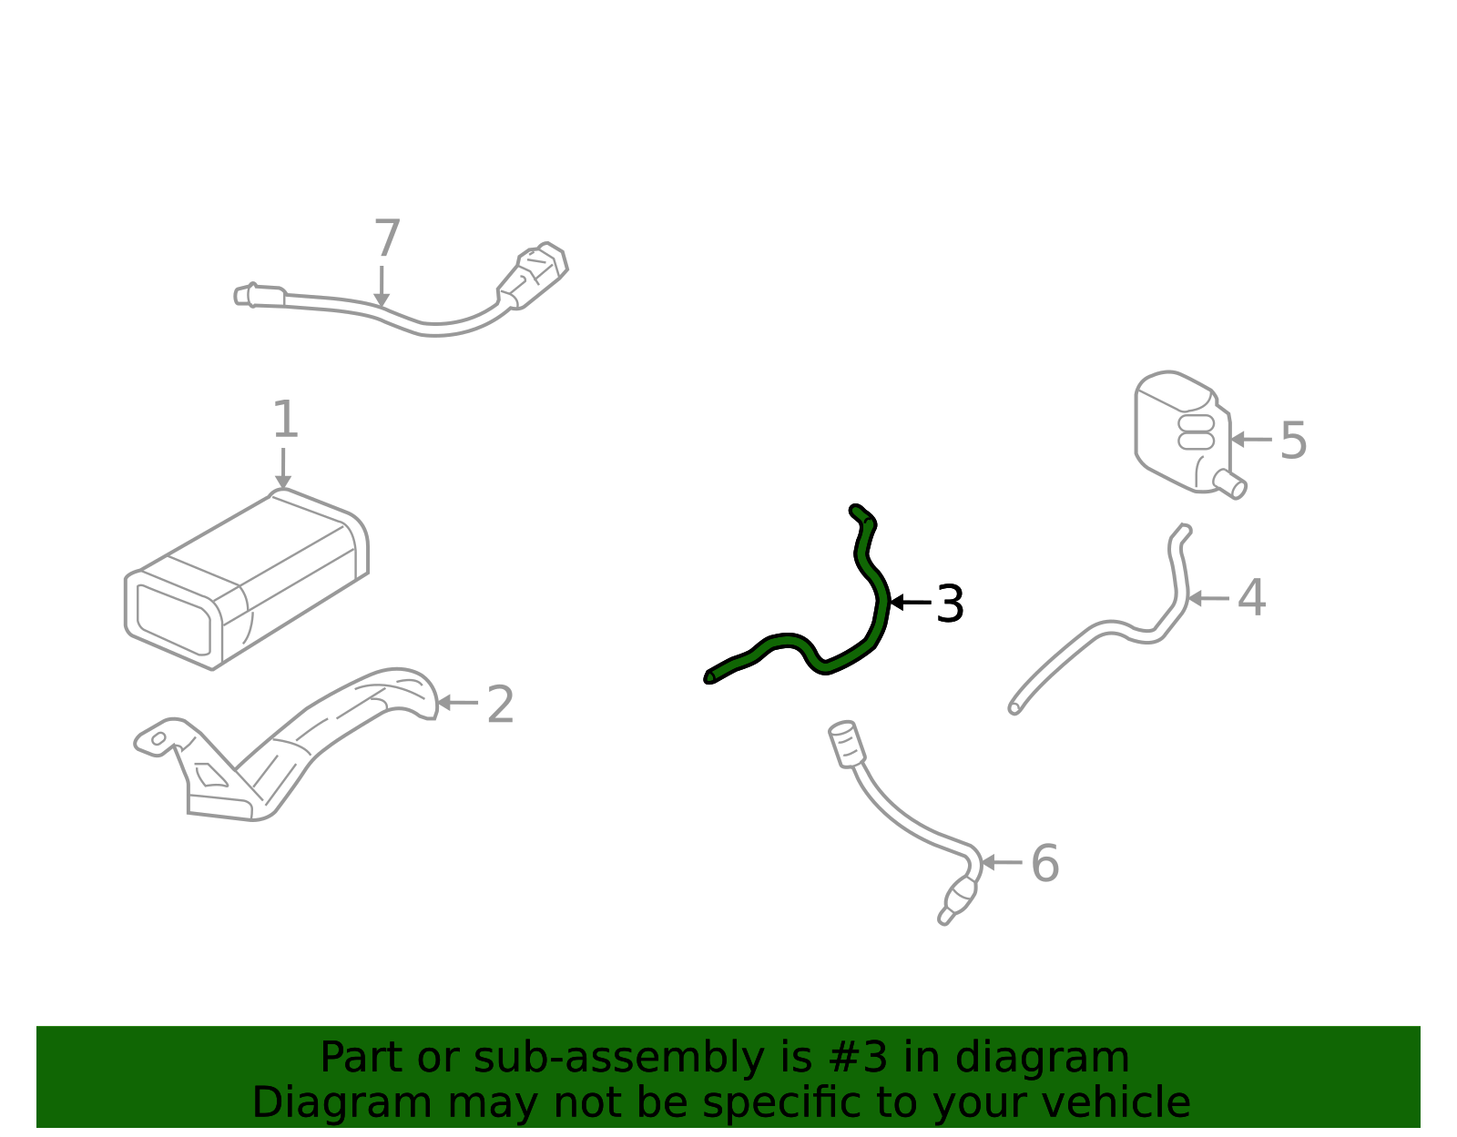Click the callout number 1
[285, 419]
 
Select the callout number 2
[500, 705]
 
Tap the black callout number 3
[950, 604]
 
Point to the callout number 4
[1251, 597]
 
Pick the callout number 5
[1293, 441]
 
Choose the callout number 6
[1044, 863]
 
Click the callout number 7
[387, 238]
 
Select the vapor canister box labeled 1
[246, 579]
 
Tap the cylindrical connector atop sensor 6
[847, 744]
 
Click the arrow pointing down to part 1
[283, 468]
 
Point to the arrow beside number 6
[1002, 862]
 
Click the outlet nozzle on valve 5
[1230, 483]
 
